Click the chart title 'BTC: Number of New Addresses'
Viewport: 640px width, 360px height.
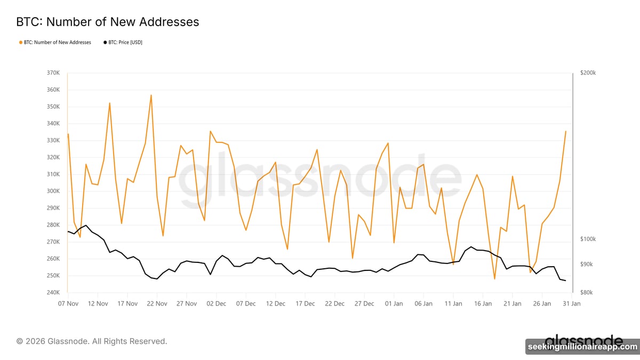tap(107, 22)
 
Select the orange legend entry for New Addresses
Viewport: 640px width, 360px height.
tap(55, 42)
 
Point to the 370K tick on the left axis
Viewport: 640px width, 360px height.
tap(52, 73)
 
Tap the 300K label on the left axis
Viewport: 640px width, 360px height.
tap(52, 191)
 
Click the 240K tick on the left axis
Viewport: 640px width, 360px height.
tap(52, 293)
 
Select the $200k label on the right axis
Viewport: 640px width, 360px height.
tap(588, 73)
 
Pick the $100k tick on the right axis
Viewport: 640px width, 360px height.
tap(588, 239)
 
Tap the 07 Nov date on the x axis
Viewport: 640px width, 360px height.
tap(68, 303)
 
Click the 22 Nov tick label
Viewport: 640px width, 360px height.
tap(157, 303)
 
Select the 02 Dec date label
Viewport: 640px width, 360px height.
tap(216, 303)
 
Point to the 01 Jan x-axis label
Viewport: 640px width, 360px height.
tap(394, 303)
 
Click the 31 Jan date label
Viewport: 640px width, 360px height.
tap(571, 303)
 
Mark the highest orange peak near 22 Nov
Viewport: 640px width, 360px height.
tap(151, 95)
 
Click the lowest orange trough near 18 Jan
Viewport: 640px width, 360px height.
tap(494, 279)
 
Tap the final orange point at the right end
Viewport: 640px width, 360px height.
tap(565, 131)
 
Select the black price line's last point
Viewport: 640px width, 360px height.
tap(565, 281)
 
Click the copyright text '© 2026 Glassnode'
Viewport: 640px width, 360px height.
tap(92, 341)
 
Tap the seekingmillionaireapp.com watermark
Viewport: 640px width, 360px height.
tap(582, 347)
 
